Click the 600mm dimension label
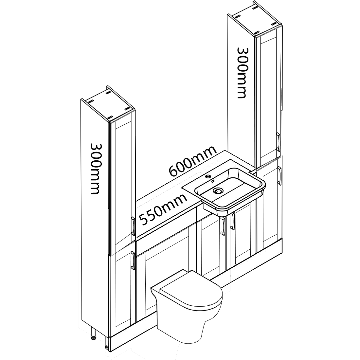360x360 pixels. click(192, 161)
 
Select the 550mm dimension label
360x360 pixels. click(163, 209)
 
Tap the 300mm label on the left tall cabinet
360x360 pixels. click(95, 169)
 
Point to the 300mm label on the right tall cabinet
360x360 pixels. click(241, 73)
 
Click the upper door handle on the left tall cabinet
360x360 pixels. click(133, 226)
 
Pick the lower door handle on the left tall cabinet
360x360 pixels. click(133, 261)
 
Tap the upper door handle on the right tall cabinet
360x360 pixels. click(278, 142)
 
